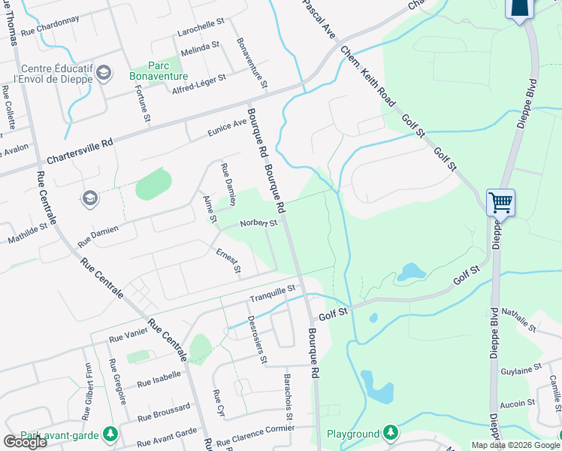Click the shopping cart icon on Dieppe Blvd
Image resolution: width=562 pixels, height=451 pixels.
[x=500, y=202]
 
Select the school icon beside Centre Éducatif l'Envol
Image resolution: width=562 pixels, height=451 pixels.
[x=104, y=73]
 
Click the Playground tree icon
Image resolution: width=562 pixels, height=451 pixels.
[x=390, y=433]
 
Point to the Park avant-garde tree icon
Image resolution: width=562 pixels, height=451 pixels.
[x=110, y=434]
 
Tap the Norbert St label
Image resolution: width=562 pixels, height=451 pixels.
[x=259, y=223]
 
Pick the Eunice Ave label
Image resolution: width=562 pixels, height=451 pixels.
[x=228, y=129]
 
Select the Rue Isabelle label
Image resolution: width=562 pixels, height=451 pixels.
[x=159, y=378]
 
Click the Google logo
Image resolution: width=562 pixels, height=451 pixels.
[x=25, y=442]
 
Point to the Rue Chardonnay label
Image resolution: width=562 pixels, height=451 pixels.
[x=50, y=27]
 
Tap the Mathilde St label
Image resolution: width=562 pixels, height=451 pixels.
[x=29, y=232]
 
